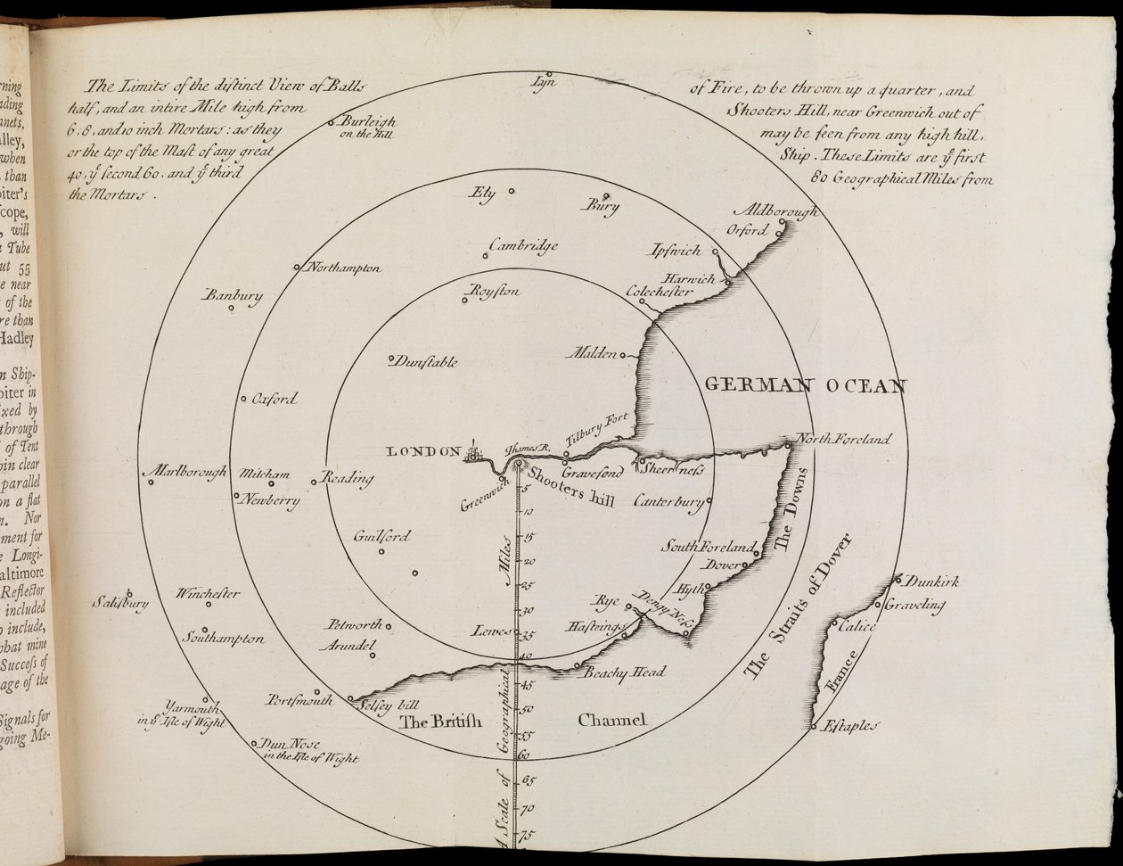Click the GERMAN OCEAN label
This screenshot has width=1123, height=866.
805,385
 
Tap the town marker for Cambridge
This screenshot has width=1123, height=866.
486,256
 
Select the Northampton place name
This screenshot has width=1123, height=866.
345,268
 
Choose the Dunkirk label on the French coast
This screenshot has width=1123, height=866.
932,581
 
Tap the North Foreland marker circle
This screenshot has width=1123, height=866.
788,444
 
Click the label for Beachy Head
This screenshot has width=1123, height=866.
624,672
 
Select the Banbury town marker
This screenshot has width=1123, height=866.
231,309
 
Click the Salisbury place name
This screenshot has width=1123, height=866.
119,604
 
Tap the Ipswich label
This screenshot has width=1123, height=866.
676,251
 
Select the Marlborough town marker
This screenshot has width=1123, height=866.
151,482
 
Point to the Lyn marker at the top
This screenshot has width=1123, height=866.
550,74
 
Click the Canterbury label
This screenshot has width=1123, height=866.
668,501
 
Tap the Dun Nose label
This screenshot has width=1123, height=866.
290,744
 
